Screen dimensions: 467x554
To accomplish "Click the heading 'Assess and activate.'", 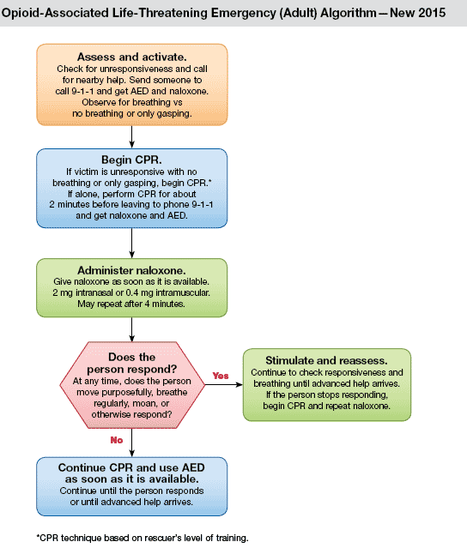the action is click(131, 57).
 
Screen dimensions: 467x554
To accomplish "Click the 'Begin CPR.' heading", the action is click(131, 160).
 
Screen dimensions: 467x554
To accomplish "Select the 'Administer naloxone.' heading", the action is click(131, 270).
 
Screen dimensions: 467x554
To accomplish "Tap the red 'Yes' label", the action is click(221, 376).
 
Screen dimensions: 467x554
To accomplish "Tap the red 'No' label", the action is click(117, 440).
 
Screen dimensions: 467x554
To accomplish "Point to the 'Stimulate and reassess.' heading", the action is click(326, 360).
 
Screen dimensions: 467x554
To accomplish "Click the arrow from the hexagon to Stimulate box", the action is click(224, 385).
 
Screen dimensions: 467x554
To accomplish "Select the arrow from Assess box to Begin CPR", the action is click(131, 137).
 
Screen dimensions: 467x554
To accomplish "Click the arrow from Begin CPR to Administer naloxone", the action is click(131, 243).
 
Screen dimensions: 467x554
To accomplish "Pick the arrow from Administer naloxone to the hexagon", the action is click(131, 329).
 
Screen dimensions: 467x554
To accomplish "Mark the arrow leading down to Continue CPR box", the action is click(131, 443).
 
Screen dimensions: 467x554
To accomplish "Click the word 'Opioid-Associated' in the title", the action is click(55, 13).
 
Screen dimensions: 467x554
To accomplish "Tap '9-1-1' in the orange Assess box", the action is click(82, 91).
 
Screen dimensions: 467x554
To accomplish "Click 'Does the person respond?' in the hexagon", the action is click(131, 363).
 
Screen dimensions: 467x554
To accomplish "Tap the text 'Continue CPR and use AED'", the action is click(131, 467).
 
